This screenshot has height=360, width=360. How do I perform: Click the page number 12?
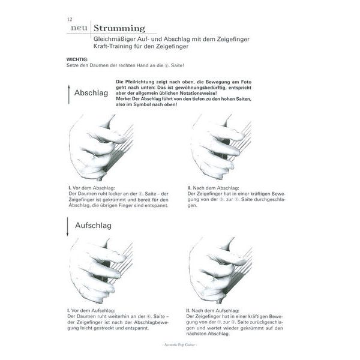click(70, 19)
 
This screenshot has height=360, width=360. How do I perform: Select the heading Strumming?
click(120, 28)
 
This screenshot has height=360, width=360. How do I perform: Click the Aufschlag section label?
click(93, 225)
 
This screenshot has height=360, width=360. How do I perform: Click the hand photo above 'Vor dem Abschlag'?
click(100, 147)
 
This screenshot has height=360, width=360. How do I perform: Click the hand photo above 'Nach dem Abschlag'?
click(219, 147)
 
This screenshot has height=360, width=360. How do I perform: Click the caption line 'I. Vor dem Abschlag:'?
click(95, 188)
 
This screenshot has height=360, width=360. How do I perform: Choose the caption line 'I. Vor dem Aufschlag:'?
click(96, 310)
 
